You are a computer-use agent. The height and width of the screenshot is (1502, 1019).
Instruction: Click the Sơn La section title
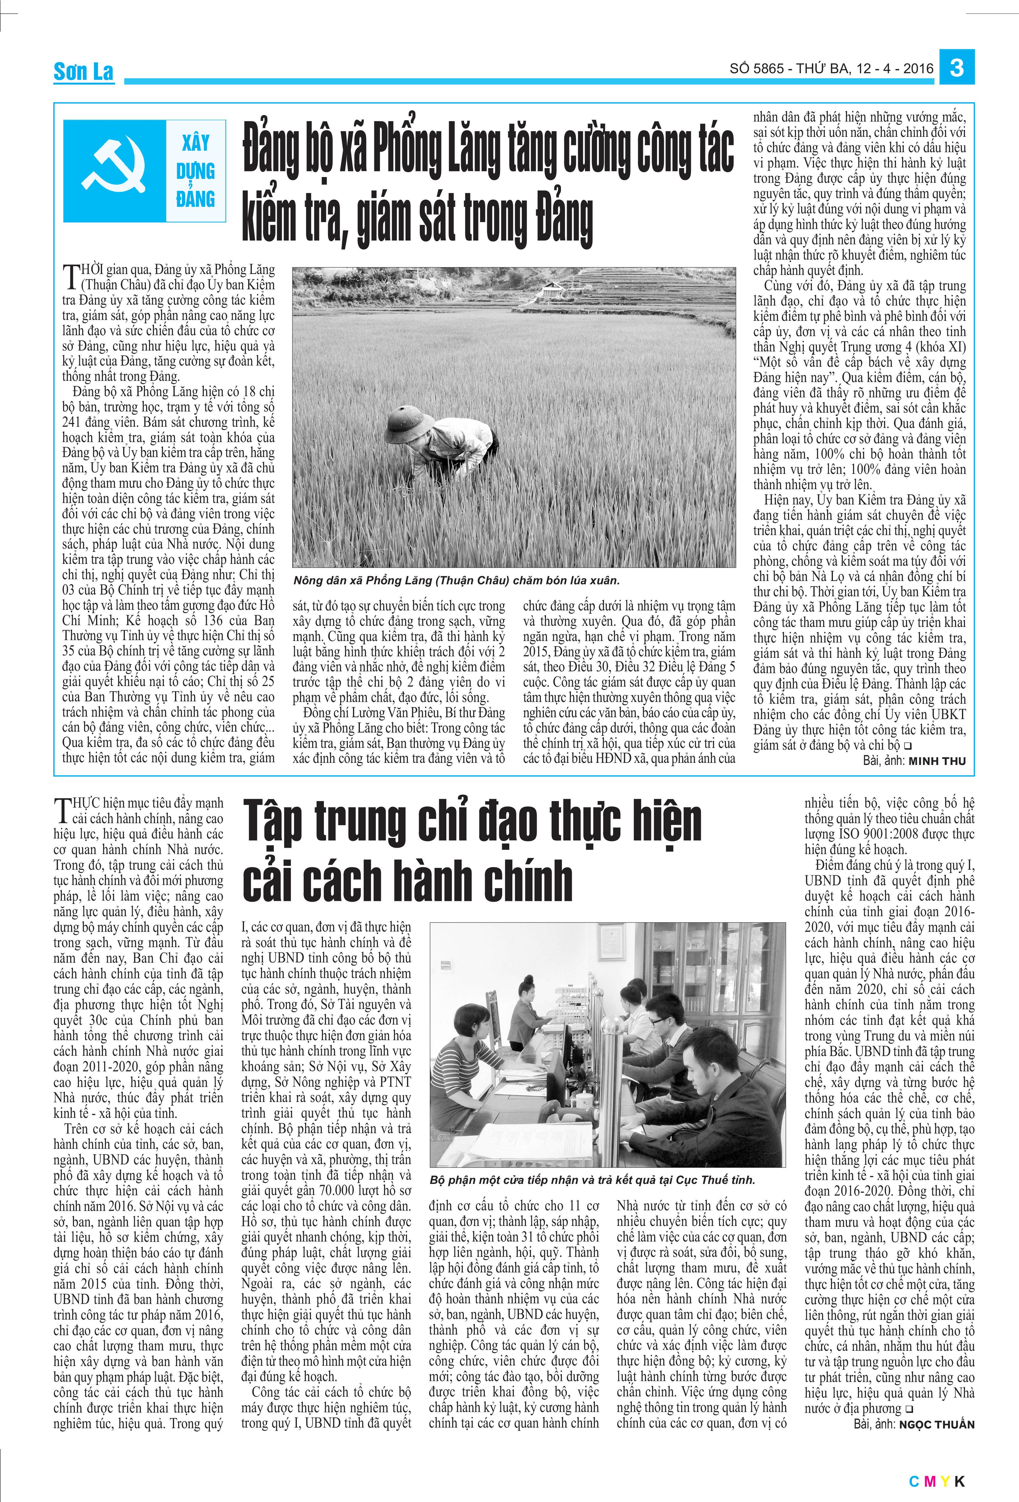tap(83, 72)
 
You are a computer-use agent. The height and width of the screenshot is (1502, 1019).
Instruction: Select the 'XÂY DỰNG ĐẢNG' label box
tap(195, 171)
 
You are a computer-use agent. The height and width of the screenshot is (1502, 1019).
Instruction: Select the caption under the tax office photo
tap(592, 1179)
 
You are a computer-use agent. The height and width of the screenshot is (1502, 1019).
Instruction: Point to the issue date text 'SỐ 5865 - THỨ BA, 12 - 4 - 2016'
tap(831, 68)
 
